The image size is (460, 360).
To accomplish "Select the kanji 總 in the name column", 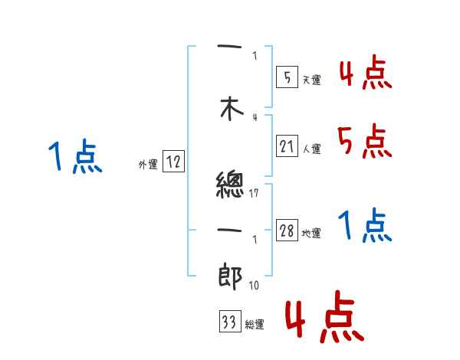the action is (230, 185).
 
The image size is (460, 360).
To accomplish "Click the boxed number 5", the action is (285, 77).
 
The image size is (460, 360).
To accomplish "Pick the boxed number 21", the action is (287, 146).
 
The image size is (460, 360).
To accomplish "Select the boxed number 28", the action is (287, 231).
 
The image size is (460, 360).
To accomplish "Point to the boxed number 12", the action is (173, 162).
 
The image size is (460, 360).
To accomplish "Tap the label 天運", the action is (311, 80).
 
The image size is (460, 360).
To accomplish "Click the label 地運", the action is (311, 234).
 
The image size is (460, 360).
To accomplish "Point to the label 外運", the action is (148, 165).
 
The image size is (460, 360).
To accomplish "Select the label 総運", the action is (255, 325).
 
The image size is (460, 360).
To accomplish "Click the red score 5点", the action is (364, 142).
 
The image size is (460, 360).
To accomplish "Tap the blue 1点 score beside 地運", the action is (364, 226).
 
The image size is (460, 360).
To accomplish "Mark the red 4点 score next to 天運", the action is (365, 74).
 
